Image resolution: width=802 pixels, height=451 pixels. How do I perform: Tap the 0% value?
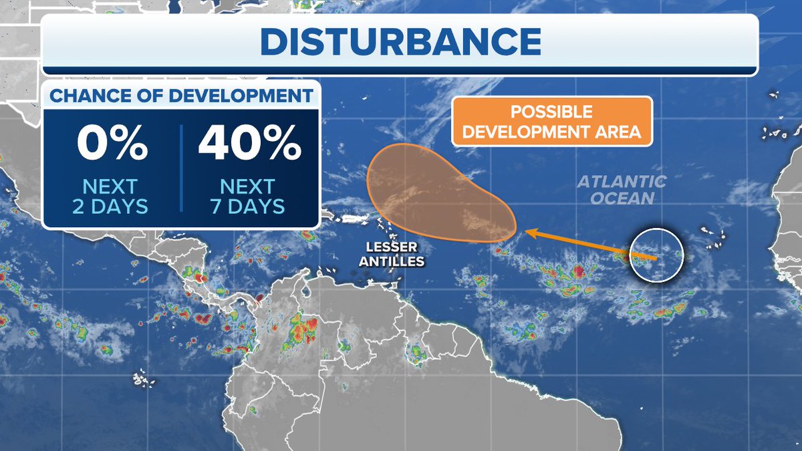click(x=112, y=143)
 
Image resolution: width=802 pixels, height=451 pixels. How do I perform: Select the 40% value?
click(x=249, y=143)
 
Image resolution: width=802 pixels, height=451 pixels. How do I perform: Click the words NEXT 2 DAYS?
click(x=110, y=196)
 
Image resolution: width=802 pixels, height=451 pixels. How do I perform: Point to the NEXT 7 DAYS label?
click(x=247, y=196)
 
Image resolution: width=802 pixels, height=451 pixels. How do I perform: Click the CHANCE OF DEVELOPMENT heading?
click(x=181, y=96)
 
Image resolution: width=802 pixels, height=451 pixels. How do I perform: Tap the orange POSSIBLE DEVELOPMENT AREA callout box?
click(x=551, y=121)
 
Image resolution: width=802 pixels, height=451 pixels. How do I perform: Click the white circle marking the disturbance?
click(x=656, y=255)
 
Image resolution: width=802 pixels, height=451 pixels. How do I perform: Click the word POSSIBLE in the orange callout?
click(x=551, y=111)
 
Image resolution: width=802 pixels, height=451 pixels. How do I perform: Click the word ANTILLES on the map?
click(x=391, y=261)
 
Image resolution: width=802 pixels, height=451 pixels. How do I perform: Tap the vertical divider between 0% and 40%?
click(x=181, y=167)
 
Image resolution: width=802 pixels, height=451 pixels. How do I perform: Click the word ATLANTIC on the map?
click(x=622, y=181)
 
